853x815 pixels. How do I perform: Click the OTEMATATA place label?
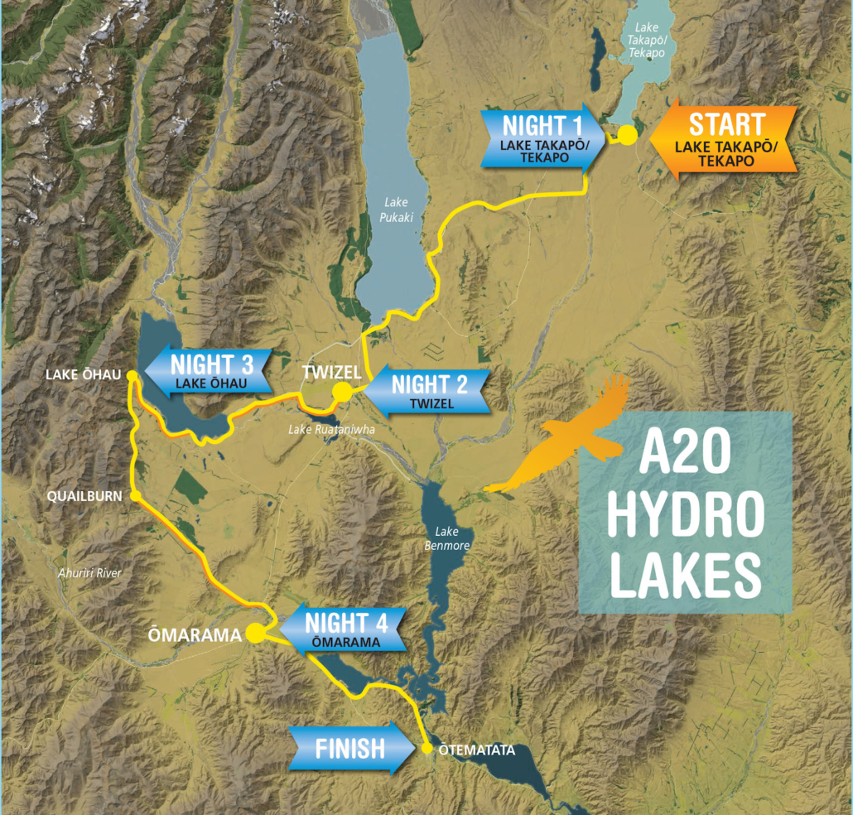476,750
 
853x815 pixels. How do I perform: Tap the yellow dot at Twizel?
341,391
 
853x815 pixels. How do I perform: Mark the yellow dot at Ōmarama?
255,634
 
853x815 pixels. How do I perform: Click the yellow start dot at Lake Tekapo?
628,136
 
